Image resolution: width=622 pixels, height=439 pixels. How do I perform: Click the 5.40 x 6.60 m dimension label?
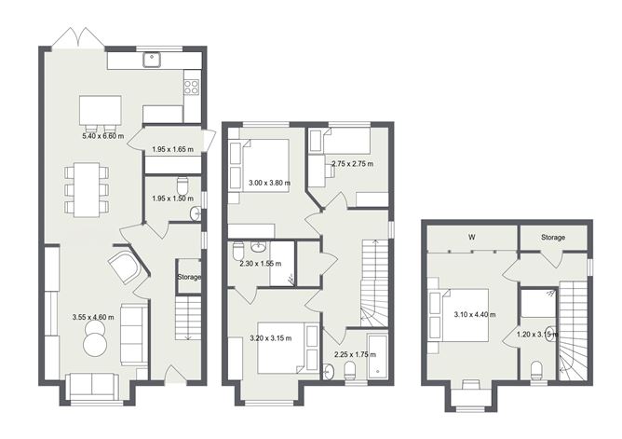point(104,136)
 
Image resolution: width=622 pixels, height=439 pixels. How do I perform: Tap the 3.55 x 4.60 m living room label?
point(93,318)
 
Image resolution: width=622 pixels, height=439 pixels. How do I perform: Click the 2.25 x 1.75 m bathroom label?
point(355,354)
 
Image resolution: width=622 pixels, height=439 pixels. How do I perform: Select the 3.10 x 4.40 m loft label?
point(472,315)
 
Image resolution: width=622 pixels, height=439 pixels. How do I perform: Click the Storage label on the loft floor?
point(553,238)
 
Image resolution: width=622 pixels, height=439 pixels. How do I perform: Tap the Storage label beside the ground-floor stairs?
point(190,277)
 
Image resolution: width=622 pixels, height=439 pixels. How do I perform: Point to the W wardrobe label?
point(472,238)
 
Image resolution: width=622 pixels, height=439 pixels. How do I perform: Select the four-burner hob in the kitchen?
point(192,88)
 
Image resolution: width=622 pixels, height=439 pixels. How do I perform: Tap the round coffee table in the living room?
point(97,346)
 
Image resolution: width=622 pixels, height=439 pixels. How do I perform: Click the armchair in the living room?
point(125,268)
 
